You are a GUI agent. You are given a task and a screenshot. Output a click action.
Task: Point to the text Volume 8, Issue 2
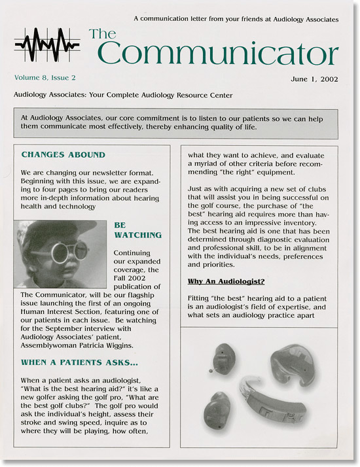[x=49, y=77]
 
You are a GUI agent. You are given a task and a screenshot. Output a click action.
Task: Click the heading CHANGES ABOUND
[x=63, y=155]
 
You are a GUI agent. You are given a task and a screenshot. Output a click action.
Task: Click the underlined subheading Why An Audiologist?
[x=226, y=281]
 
